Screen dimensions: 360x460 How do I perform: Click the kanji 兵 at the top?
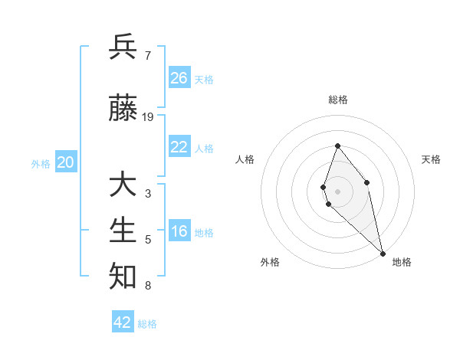123,47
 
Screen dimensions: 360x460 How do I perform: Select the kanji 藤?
123,109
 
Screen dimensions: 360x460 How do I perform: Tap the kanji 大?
123,185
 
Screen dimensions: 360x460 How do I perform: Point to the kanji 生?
123,230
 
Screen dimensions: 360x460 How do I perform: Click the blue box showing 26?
179,78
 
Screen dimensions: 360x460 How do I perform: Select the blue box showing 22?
179,147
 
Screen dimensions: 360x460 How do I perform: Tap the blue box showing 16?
179,232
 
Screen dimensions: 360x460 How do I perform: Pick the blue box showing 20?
66,162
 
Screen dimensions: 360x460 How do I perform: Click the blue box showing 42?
123,322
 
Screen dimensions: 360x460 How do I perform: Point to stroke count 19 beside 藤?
148,117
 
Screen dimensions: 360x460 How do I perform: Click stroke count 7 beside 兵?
147,55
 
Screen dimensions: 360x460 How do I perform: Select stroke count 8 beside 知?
147,286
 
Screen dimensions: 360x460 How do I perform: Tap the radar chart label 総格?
337,100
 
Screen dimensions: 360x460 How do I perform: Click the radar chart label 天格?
431,159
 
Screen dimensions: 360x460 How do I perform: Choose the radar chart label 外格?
270,262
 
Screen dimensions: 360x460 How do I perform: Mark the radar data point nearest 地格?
383,252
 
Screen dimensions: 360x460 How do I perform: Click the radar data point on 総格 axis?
337,146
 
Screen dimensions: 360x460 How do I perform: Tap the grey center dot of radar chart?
337,191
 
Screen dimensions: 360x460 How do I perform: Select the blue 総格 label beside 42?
147,324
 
